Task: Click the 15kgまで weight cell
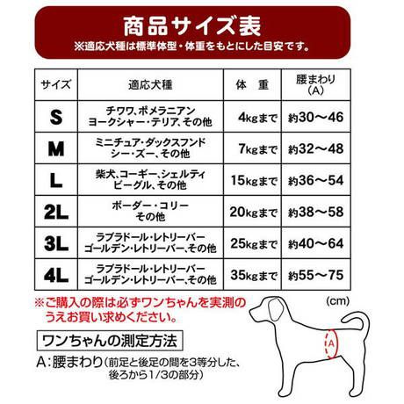(x=252, y=181)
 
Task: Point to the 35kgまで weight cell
(x=252, y=275)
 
